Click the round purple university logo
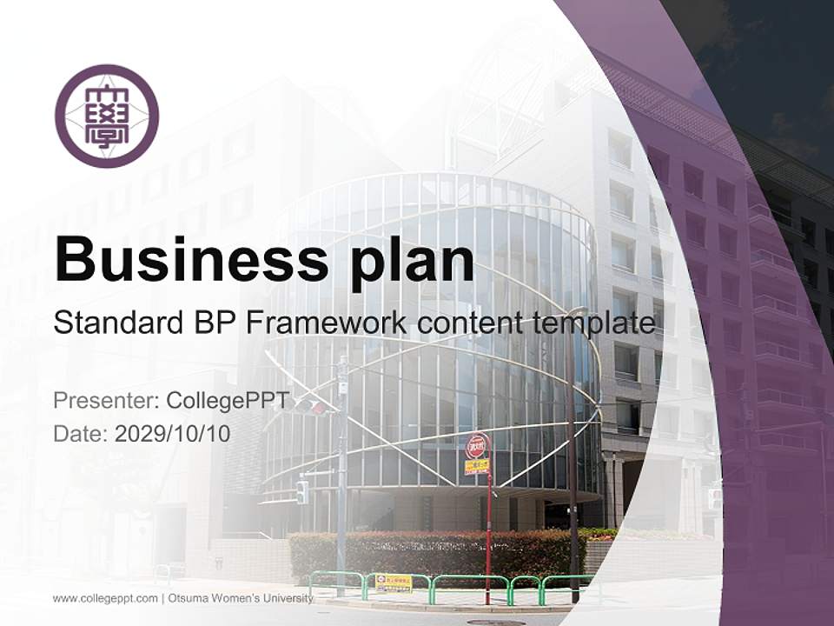[107, 116]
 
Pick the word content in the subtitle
[467, 323]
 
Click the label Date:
[80, 433]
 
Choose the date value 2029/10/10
[173, 433]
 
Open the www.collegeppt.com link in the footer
[105, 598]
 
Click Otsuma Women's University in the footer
[240, 598]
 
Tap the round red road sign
[476, 447]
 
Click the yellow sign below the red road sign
[476, 467]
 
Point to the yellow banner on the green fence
[394, 583]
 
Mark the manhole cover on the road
[495, 623]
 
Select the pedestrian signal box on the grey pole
[301, 492]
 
